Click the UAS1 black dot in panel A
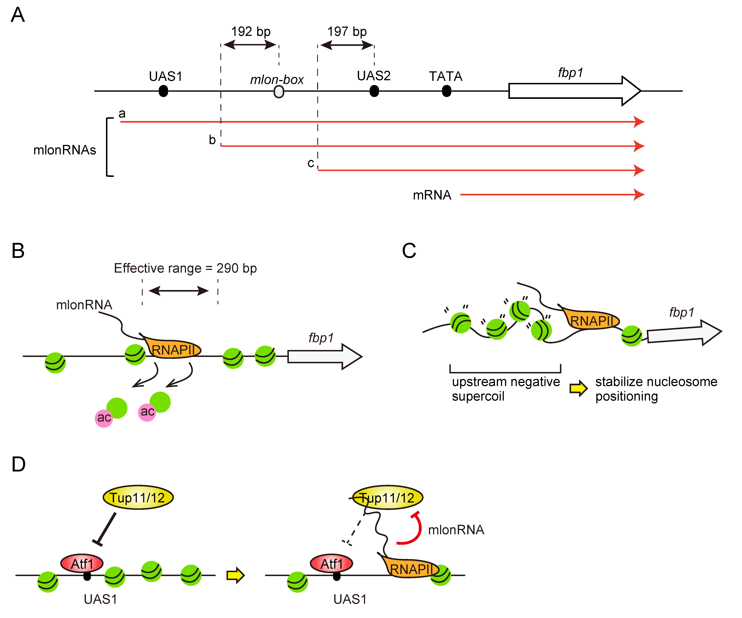pyautogui.click(x=163, y=91)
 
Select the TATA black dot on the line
pyautogui.click(x=447, y=91)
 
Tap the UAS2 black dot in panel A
pyautogui.click(x=374, y=91)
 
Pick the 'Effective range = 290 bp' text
pyautogui.click(x=185, y=268)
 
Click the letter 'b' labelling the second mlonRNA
pyautogui.click(x=212, y=140)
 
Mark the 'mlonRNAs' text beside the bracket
pyautogui.click(x=65, y=150)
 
